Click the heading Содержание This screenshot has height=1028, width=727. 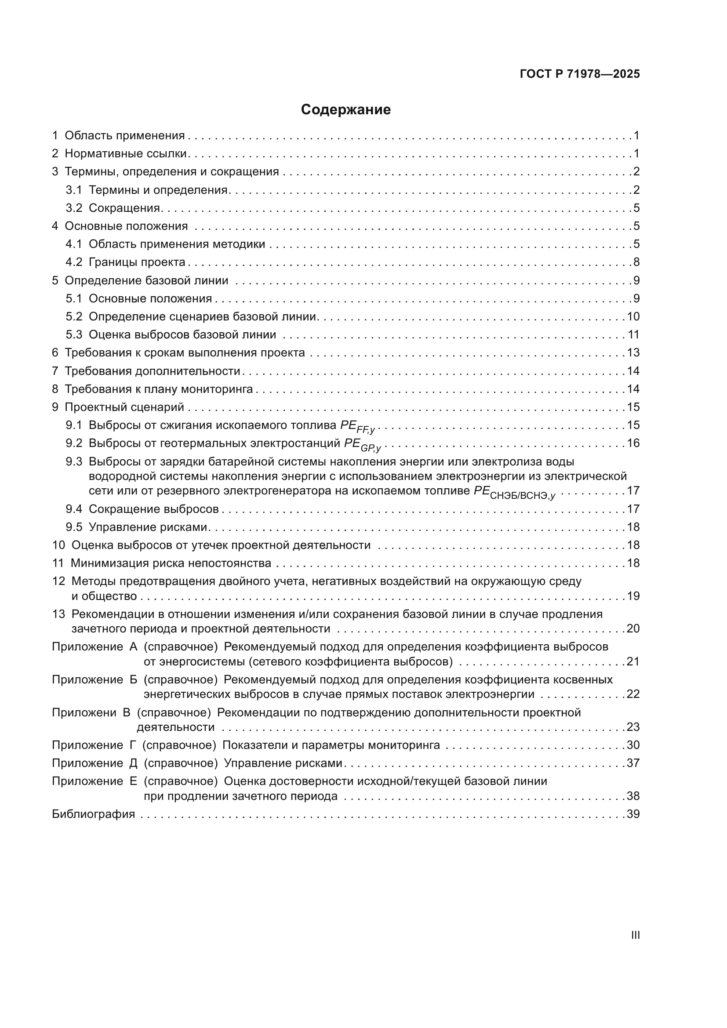click(345, 110)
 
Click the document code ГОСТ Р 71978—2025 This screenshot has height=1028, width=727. click(580, 74)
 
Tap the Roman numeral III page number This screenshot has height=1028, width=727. click(635, 935)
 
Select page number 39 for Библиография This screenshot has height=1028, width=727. click(633, 814)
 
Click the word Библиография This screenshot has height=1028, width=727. click(93, 814)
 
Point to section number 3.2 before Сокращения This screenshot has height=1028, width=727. click(74, 208)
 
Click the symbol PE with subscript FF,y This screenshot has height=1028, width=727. click(357, 426)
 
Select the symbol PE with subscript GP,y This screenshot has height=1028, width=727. click(362, 445)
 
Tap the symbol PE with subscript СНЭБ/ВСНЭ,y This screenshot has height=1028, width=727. click(514, 492)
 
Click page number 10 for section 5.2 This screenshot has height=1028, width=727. click(633, 317)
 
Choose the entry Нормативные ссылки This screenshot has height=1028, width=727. click(125, 154)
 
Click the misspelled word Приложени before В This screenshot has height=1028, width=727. click(84, 713)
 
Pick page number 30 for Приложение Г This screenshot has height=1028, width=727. click(633, 745)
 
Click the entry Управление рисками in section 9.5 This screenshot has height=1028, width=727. click(148, 527)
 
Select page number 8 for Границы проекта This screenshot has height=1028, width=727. click(636, 262)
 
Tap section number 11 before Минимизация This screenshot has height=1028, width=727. click(58, 563)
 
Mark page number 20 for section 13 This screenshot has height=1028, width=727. click(633, 629)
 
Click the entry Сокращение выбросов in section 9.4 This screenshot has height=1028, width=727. click(153, 509)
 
